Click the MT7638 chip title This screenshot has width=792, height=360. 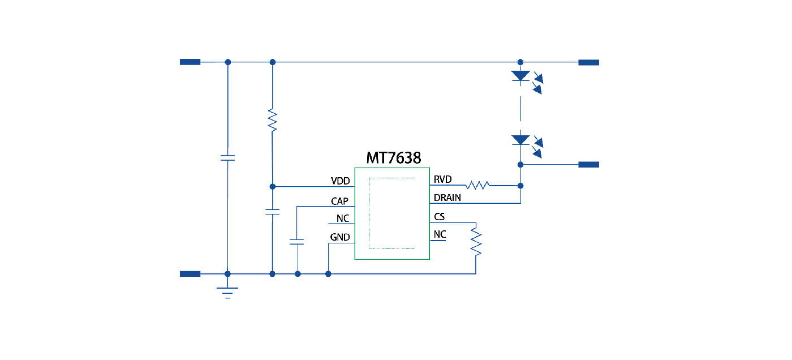393,158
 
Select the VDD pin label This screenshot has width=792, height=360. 341,181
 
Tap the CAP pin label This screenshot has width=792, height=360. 339,201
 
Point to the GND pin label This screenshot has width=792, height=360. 340,238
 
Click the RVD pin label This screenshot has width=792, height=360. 442,180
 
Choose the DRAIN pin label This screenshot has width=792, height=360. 447,198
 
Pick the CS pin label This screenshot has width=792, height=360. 439,216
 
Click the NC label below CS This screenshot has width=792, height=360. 440,234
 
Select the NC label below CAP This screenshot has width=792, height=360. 342,218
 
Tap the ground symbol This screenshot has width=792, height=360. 227,291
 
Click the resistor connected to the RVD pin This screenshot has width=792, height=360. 478,185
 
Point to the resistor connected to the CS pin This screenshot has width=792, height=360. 476,241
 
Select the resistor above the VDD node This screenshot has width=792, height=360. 273,120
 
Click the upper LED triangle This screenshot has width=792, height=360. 520,76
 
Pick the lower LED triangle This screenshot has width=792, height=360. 520,139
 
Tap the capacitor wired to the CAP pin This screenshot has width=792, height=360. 296,242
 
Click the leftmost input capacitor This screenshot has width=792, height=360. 227,157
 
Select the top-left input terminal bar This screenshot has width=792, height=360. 190,62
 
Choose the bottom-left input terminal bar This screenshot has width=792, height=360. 190,274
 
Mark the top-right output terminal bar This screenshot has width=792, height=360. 588,62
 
